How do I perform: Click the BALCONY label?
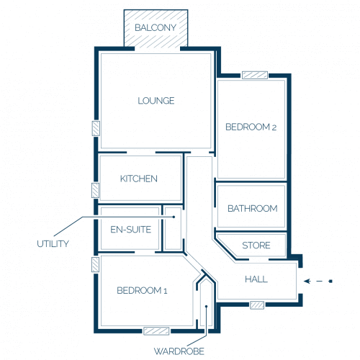pyautogui.click(x=156, y=27)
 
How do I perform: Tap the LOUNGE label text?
pyautogui.click(x=156, y=101)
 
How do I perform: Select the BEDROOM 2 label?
pyautogui.click(x=251, y=127)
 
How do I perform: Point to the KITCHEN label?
pyautogui.click(x=139, y=179)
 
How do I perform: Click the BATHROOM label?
pyautogui.click(x=253, y=209)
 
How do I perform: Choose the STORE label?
pyautogui.click(x=256, y=246)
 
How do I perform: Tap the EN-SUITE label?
pyautogui.click(x=130, y=230)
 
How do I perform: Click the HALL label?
pyautogui.click(x=256, y=279)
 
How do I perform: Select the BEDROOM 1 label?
pyautogui.click(x=142, y=291)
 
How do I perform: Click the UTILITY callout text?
pyautogui.click(x=53, y=244)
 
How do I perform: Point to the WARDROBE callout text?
pyautogui.click(x=179, y=351)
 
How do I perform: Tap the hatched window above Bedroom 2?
pyautogui.click(x=255, y=75)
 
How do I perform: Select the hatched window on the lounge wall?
pyautogui.click(x=96, y=128)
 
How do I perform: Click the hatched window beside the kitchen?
pyautogui.click(x=95, y=191)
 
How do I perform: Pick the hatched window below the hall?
pyautogui.click(x=257, y=305)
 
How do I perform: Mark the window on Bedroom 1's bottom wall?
pyautogui.click(x=156, y=331)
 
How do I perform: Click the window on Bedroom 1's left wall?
pyautogui.click(x=95, y=265)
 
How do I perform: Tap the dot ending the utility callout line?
pyautogui.click(x=174, y=217)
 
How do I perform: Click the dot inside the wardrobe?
pyautogui.click(x=206, y=307)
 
